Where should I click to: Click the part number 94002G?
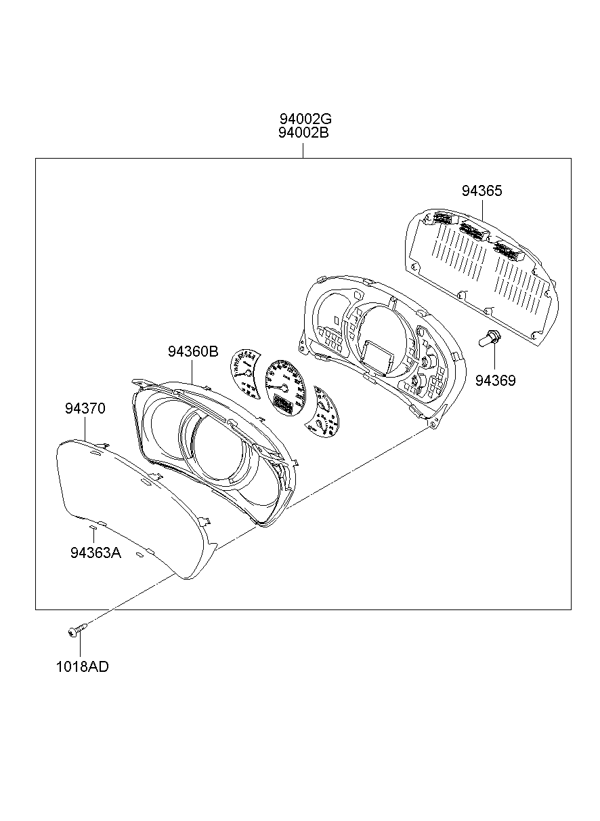tap(303, 119)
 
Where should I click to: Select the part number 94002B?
tap(303, 133)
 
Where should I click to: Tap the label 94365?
tap(482, 191)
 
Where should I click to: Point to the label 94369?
tap(495, 381)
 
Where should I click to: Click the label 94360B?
tap(193, 352)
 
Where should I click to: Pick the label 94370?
tap(85, 408)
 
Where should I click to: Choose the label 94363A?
tap(95, 553)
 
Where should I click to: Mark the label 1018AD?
tap(82, 666)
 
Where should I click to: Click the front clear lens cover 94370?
tap(129, 508)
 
